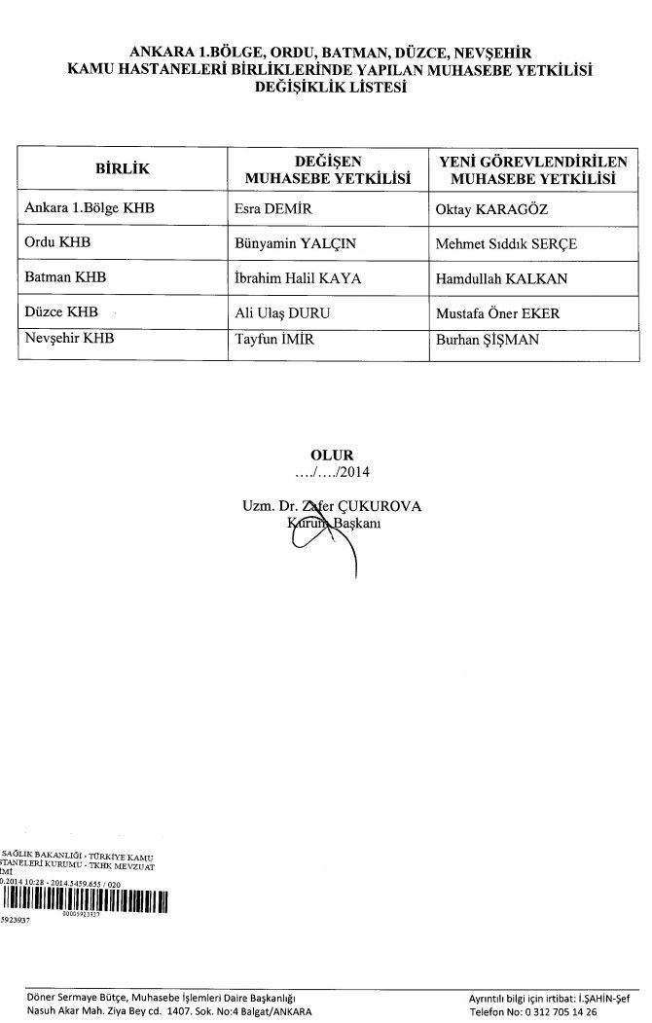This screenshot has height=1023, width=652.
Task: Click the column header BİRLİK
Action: [x=122, y=169]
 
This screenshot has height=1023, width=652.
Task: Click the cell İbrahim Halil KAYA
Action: [x=298, y=278]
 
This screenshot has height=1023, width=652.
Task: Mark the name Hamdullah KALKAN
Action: [x=502, y=278]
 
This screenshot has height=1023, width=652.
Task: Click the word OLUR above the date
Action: [x=326, y=455]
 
